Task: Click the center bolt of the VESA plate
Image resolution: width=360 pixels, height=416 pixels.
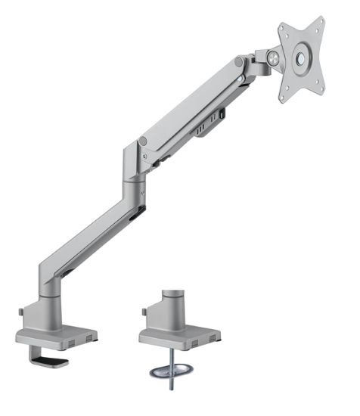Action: [301, 57]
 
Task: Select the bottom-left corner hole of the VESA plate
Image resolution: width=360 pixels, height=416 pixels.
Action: [284, 95]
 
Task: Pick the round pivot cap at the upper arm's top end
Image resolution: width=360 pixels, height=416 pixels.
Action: [239, 61]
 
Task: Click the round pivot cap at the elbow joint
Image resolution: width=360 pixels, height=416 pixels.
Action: [143, 141]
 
